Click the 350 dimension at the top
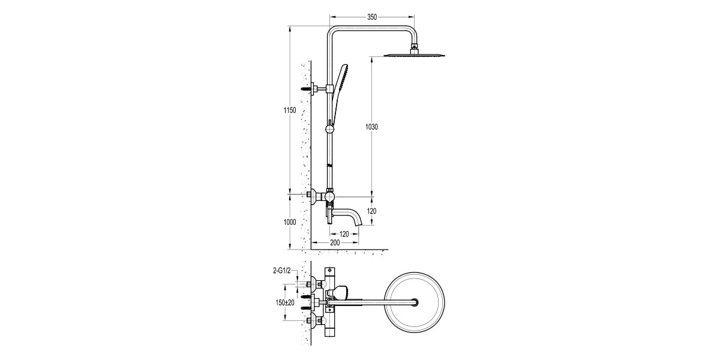pos(371,17)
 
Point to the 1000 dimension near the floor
pos(290,221)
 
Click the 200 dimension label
pos(335,242)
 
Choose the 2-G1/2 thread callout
pos(281,272)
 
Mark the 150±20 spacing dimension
pos(282,302)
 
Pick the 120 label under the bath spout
pos(344,233)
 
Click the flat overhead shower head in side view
pos(413,56)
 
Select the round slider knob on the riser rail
pos(329,128)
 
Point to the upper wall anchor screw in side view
pos(310,89)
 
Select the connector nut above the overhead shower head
pos(413,47)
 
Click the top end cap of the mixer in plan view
pos(329,271)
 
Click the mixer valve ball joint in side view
pos(329,197)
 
